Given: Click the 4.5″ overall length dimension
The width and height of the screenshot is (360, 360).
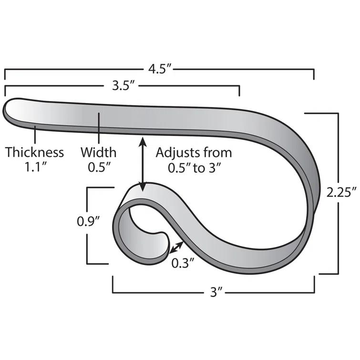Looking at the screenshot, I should point(159,69).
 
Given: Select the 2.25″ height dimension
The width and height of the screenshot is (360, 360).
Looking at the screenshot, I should point(342,192).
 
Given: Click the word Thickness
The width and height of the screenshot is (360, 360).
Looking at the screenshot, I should point(34,153).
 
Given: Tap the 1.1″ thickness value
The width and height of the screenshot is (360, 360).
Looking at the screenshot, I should point(34,167).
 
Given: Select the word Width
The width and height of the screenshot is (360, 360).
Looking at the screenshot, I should point(98,153).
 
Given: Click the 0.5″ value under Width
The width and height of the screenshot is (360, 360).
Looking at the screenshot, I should point(98,167).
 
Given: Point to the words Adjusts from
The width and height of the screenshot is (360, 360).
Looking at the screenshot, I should point(194,153).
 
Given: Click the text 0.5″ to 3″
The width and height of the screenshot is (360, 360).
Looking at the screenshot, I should point(194,167).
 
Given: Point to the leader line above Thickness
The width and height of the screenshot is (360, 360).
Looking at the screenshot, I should point(34,134).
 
